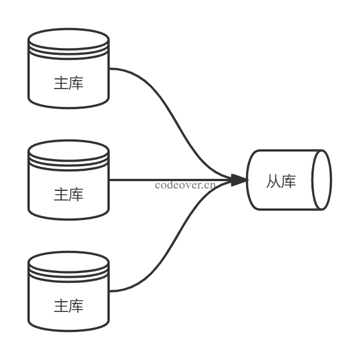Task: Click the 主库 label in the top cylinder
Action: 69,83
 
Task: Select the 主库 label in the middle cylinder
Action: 69,195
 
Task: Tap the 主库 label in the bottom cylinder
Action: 69,306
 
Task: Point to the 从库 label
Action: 281,182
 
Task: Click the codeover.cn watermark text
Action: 185,185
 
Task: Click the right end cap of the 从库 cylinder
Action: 322,180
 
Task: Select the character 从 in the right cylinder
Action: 274,182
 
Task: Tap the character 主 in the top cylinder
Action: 61,83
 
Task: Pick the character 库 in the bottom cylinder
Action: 76,306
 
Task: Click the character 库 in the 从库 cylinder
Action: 289,182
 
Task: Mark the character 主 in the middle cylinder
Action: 61,195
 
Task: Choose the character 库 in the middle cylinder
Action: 76,195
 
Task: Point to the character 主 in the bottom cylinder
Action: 61,306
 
